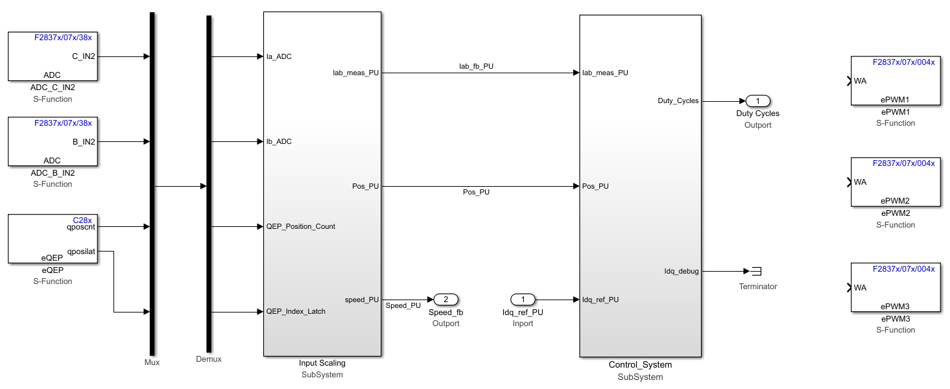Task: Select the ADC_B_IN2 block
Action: tap(53, 141)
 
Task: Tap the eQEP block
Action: tap(53, 239)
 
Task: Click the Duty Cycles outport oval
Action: tap(757, 101)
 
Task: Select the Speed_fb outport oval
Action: tap(445, 300)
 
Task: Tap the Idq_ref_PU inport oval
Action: tap(523, 300)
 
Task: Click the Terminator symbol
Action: tap(756, 272)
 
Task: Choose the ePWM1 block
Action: tap(895, 81)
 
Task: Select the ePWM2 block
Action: tap(895, 182)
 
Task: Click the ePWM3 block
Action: tap(895, 287)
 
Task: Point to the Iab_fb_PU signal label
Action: tap(476, 66)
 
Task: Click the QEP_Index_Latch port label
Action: tap(296, 311)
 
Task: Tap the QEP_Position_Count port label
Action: tap(301, 226)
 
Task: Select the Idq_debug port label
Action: tap(682, 271)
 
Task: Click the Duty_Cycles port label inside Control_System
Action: tap(678, 100)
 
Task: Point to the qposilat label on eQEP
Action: tap(81, 252)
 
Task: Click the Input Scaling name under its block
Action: tap(322, 363)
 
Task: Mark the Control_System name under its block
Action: tap(640, 365)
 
